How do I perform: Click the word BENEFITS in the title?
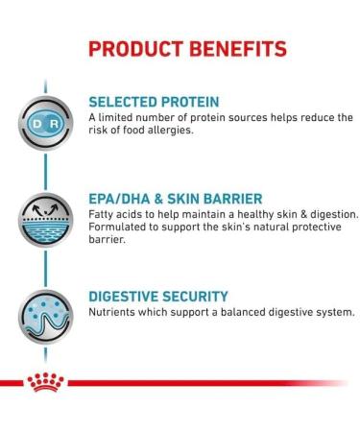[x=230, y=47]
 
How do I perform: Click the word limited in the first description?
[x=120, y=117]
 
